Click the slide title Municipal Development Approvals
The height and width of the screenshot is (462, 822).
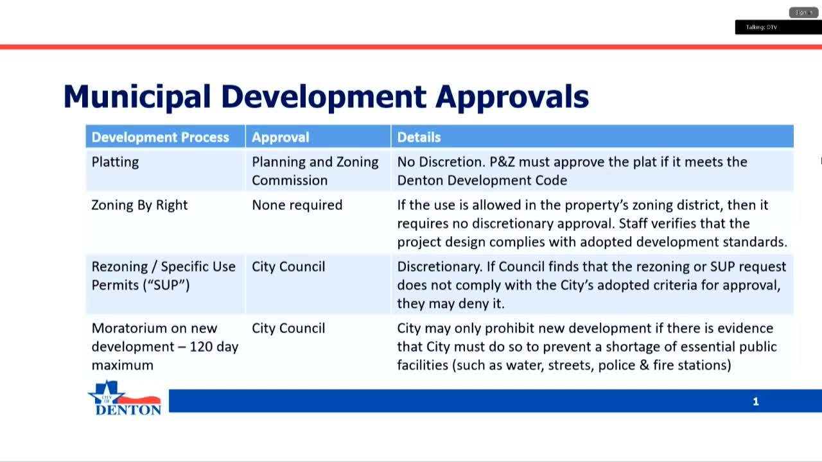[x=326, y=97]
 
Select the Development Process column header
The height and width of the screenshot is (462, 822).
[x=160, y=137]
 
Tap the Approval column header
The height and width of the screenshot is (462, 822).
[x=280, y=137]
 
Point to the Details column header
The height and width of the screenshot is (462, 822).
[x=419, y=137]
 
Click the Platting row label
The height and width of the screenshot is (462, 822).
[x=115, y=162]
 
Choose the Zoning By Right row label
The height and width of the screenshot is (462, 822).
[x=139, y=205]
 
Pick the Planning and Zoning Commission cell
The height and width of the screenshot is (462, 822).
[x=315, y=171]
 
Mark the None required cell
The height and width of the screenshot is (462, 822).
[x=297, y=205]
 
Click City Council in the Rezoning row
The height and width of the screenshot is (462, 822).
[x=288, y=266]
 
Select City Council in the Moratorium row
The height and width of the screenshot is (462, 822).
[x=288, y=328]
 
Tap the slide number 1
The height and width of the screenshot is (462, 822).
[x=755, y=402]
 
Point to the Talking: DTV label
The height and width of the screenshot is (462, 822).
[x=761, y=28]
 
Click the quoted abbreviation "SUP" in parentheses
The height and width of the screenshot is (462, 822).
[x=164, y=284]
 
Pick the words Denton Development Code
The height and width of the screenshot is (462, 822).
[x=482, y=180]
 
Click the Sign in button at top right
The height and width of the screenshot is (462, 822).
[x=803, y=12]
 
